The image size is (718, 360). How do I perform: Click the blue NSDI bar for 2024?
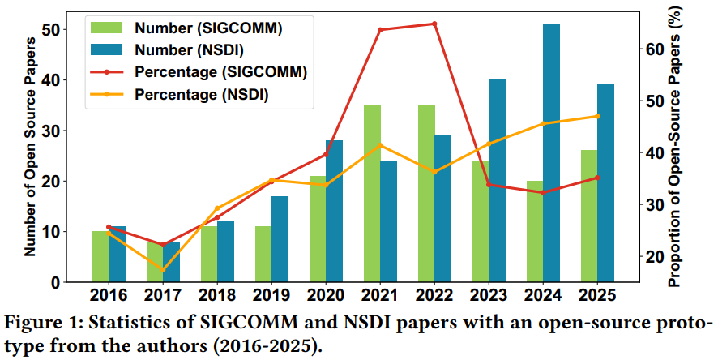[551, 153]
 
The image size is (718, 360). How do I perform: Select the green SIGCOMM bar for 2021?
[372, 193]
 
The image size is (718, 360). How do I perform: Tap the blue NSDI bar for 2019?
[280, 239]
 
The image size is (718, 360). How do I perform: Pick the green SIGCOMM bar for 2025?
[589, 216]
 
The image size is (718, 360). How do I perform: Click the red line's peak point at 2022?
[434, 24]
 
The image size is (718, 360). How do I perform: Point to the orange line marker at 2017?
[163, 270]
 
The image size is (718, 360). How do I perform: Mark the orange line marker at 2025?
[597, 116]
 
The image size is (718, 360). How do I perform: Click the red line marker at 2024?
[543, 193]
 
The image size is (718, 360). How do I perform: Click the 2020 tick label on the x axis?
[327, 295]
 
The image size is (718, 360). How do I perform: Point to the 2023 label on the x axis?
[489, 295]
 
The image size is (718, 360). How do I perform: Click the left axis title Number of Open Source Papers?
[29, 148]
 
